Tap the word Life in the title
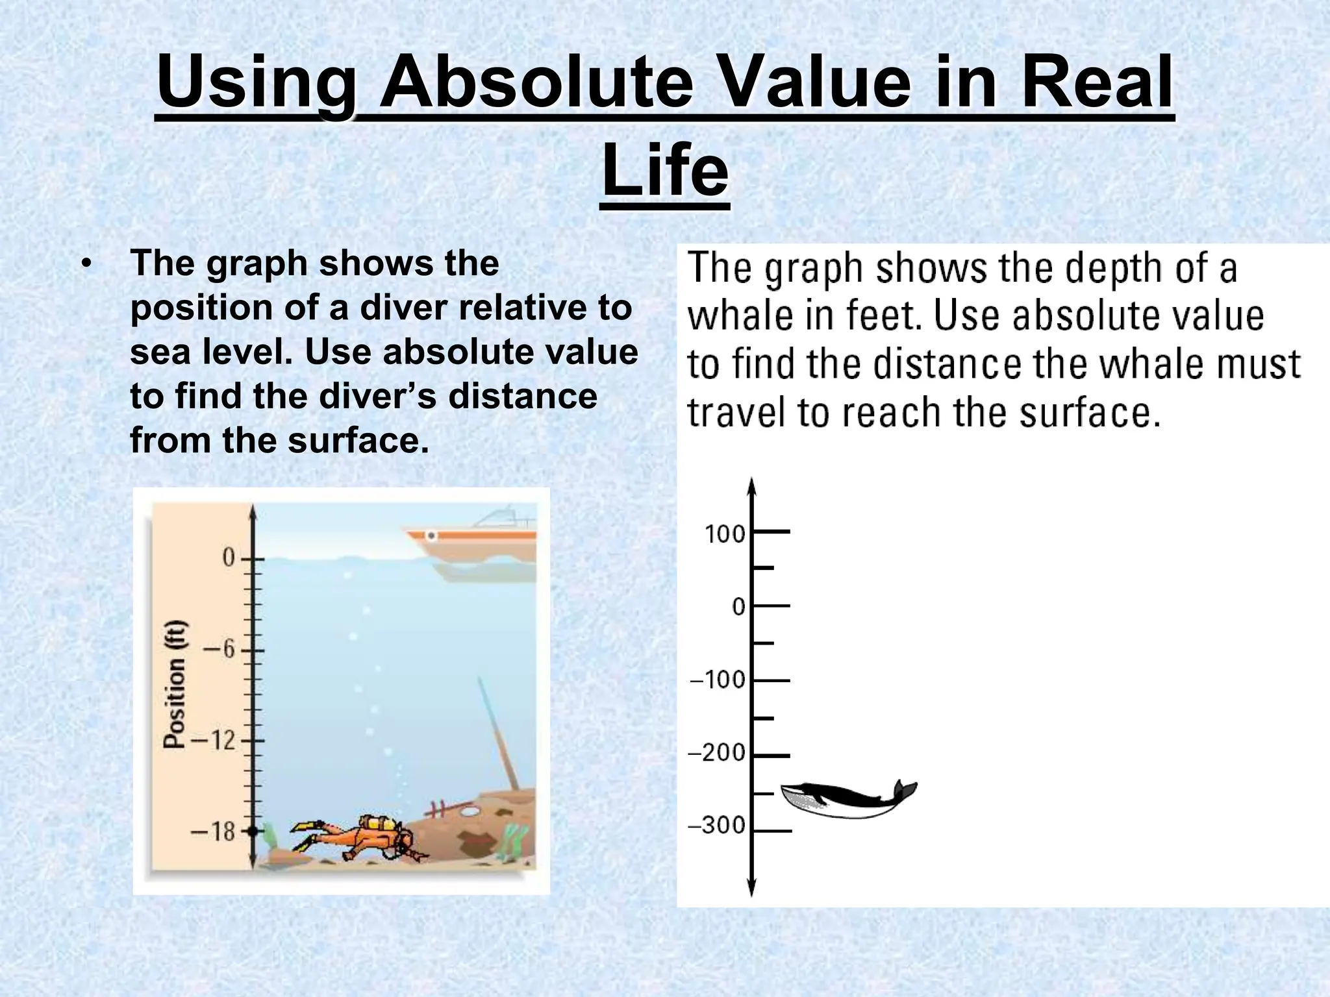pyautogui.click(x=665, y=170)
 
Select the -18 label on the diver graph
pyautogui.click(x=214, y=831)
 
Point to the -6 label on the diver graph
pyautogui.click(x=220, y=650)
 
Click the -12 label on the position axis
pyautogui.click(x=214, y=740)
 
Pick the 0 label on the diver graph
pyautogui.click(x=229, y=558)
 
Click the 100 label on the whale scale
pyautogui.click(x=725, y=534)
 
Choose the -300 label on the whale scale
pyautogui.click(x=717, y=826)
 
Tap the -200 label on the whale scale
pyautogui.click(x=717, y=753)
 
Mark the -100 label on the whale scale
pyautogui.click(x=718, y=680)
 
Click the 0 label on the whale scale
pyautogui.click(x=738, y=607)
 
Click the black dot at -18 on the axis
pyautogui.click(x=253, y=831)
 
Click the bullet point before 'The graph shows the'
pyautogui.click(x=87, y=264)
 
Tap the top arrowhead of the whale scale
pyautogui.click(x=751, y=486)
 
